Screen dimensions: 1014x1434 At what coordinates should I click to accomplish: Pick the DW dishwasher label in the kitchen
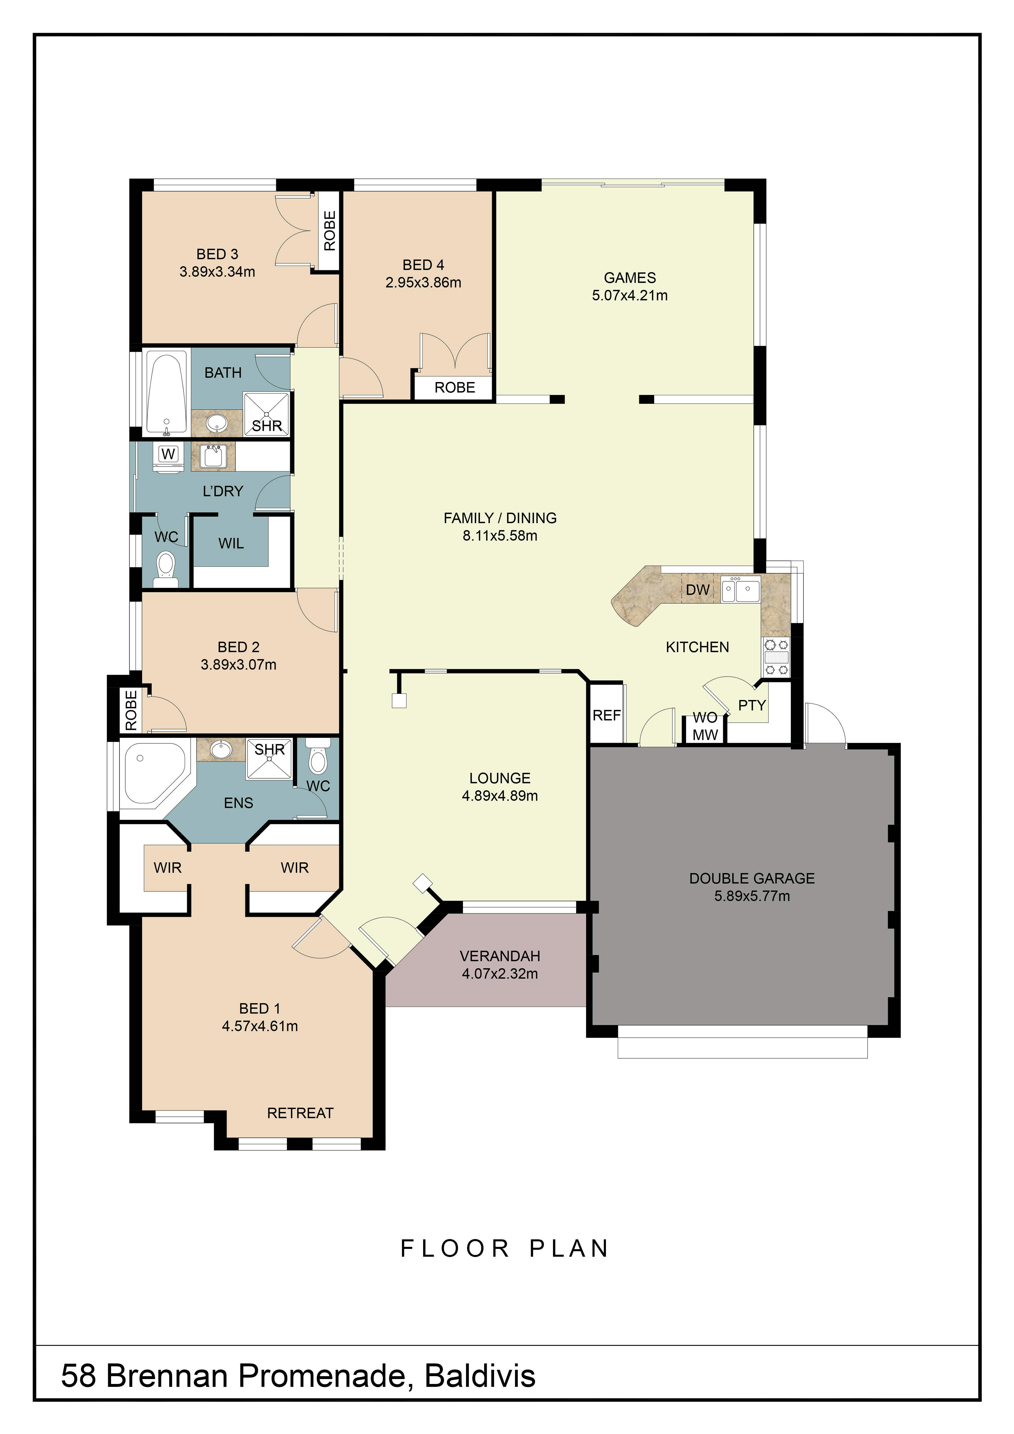[697, 589]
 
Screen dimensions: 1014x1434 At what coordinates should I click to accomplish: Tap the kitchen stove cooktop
[776, 657]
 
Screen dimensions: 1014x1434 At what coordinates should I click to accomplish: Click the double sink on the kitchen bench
[740, 589]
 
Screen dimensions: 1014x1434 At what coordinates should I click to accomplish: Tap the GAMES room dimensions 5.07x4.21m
[630, 295]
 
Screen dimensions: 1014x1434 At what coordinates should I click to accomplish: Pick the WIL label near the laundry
[231, 543]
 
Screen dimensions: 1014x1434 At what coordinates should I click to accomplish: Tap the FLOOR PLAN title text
[504, 1249]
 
